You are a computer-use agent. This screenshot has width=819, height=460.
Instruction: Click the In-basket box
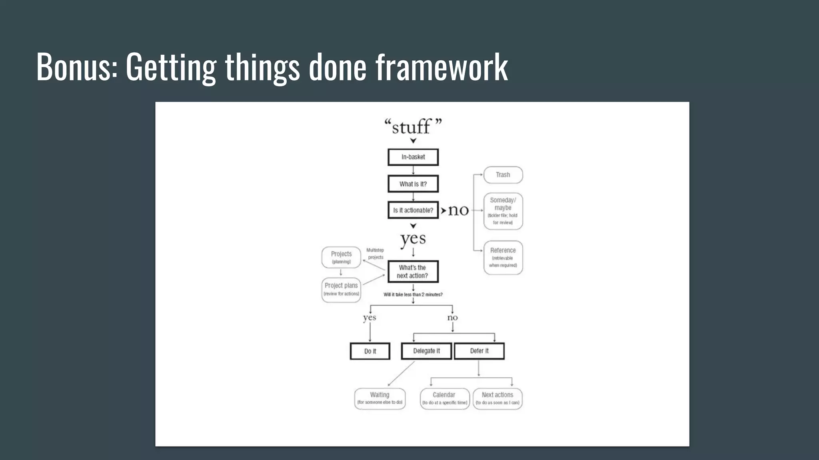point(413,157)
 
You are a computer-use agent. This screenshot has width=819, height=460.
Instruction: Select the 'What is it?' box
point(413,184)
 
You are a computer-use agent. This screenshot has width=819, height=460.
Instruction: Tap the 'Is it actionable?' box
point(413,210)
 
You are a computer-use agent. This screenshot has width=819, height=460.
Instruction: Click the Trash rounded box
point(503,175)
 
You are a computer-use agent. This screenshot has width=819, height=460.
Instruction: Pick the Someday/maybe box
point(503,211)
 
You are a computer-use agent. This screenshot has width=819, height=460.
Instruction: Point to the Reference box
point(503,257)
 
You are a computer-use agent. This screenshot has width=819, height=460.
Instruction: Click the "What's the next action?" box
point(413,272)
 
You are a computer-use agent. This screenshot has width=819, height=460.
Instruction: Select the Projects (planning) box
point(341,257)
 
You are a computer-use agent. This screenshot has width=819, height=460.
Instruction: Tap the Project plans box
point(341,289)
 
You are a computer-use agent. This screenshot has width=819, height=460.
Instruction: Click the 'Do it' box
point(370,351)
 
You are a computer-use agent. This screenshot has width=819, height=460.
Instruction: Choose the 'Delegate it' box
point(426,351)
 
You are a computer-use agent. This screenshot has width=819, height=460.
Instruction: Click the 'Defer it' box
point(479,351)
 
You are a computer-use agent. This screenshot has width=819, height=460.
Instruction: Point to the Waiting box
point(380,398)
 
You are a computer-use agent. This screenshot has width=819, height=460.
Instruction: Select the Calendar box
point(444,398)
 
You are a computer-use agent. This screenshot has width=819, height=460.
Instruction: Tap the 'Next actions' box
point(497,398)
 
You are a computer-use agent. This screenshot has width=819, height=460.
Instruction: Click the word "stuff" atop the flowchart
point(411,127)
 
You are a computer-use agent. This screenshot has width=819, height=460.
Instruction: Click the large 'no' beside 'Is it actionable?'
point(458,210)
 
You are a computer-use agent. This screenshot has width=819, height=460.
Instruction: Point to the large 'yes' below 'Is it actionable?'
point(413,239)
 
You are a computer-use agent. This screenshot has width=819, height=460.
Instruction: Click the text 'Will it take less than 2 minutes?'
point(413,295)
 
